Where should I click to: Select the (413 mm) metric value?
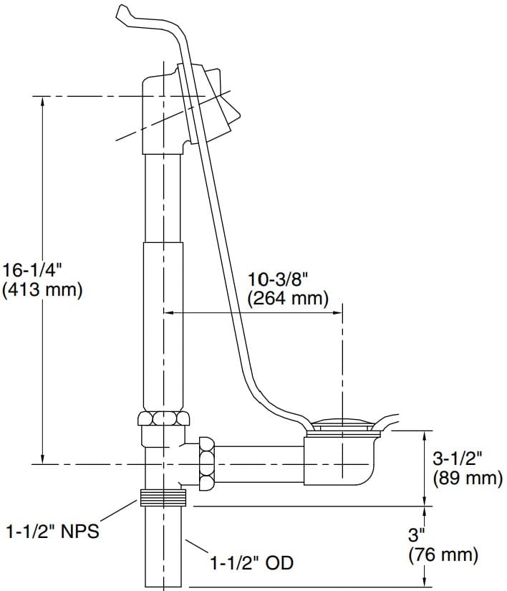coord(43,290)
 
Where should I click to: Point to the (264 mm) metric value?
coord(289,298)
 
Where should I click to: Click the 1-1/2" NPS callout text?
coord(52,532)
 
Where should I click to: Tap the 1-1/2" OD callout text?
coord(251,563)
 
